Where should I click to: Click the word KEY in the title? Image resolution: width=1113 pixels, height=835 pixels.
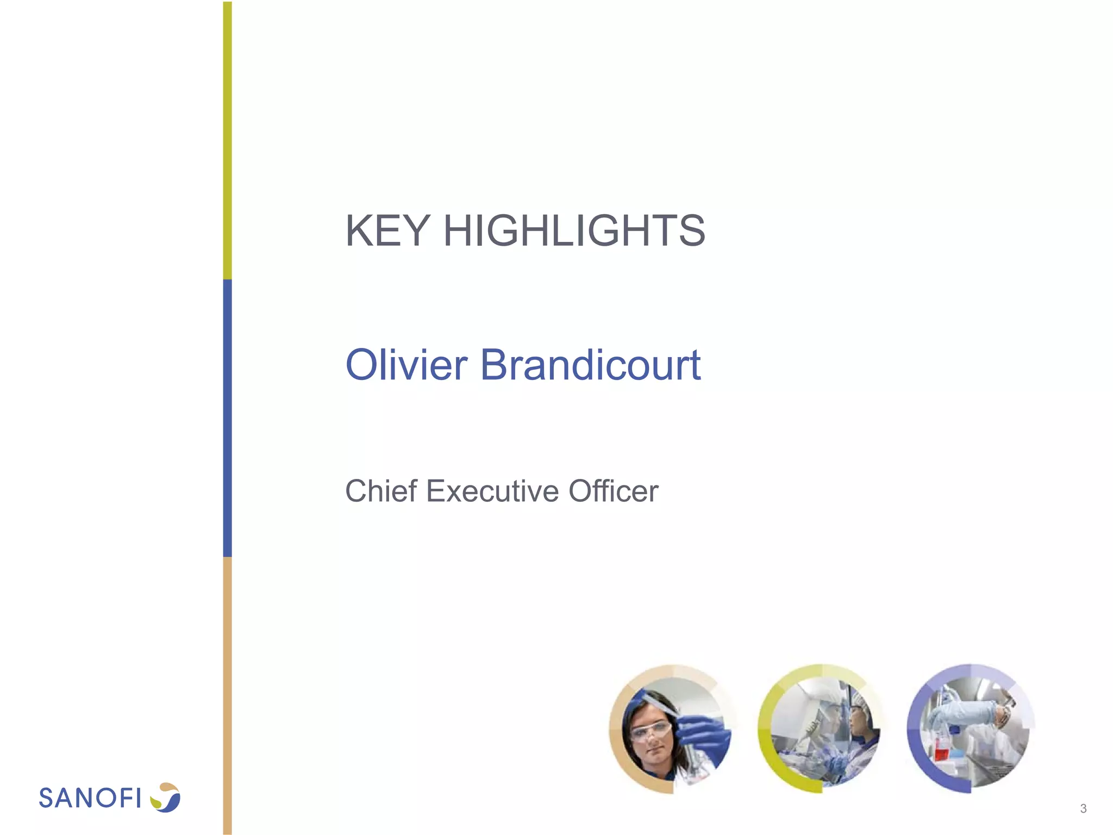pyautogui.click(x=387, y=230)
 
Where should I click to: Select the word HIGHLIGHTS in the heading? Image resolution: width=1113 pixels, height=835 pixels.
pyautogui.click(x=574, y=230)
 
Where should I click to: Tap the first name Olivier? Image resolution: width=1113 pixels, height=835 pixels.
pyautogui.click(x=406, y=364)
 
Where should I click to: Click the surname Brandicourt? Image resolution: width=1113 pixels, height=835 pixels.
pyautogui.click(x=590, y=364)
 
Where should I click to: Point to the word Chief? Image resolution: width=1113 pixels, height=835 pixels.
pyautogui.click(x=381, y=491)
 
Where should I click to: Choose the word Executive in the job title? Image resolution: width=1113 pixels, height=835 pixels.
pyautogui.click(x=492, y=491)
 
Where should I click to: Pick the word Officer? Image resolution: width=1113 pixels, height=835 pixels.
pyautogui.click(x=613, y=491)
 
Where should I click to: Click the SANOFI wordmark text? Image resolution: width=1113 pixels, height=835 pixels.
pyautogui.click(x=90, y=798)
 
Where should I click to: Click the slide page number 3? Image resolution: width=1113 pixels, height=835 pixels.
pyautogui.click(x=1083, y=808)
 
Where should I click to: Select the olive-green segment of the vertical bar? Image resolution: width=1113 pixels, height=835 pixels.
pyautogui.click(x=227, y=141)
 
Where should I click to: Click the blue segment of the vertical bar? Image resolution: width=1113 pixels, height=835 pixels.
pyautogui.click(x=227, y=419)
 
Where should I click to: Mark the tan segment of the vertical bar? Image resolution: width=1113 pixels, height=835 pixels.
pyautogui.click(x=227, y=696)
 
